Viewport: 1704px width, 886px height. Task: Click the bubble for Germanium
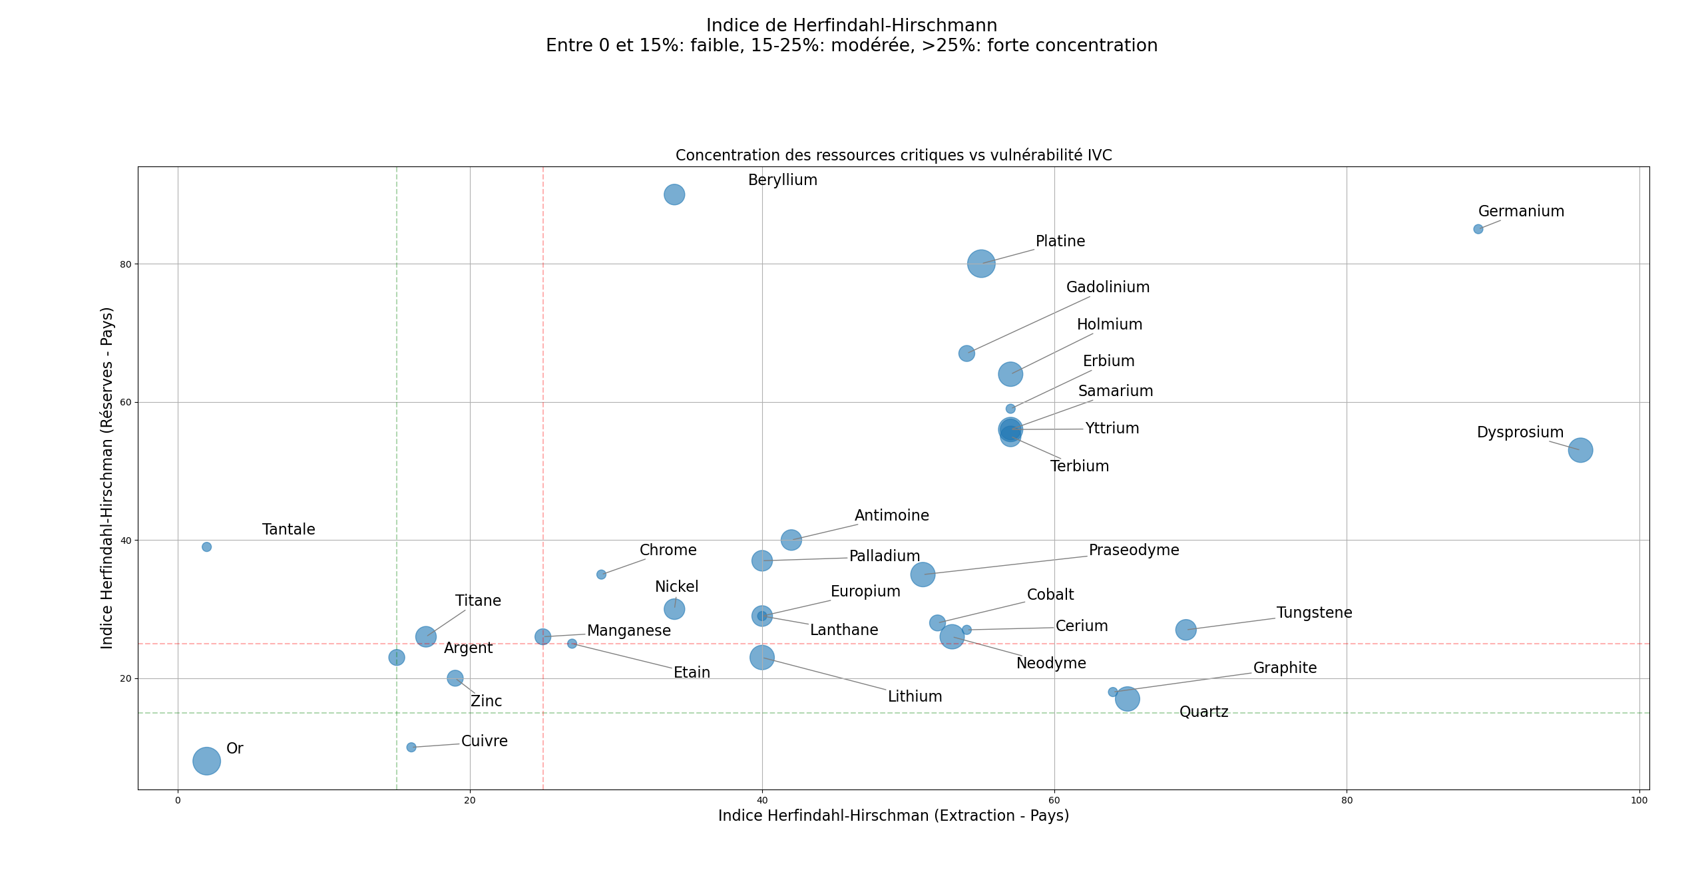[1478, 229]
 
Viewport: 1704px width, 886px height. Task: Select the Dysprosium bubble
[1580, 450]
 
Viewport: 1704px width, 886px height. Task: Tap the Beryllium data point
[674, 194]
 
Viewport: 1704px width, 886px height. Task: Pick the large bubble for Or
[206, 761]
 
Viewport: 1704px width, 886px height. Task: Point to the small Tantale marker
[206, 547]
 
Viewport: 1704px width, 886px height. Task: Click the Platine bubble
[981, 264]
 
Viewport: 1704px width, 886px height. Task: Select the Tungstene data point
[1185, 630]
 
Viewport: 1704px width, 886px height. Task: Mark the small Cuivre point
[411, 748]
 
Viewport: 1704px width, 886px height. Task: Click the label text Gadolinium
[1108, 288]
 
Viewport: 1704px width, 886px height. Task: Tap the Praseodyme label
[1134, 551]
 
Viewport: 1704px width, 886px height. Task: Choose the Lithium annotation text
[915, 697]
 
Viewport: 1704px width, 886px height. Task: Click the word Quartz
[1203, 712]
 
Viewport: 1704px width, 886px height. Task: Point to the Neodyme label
[1051, 664]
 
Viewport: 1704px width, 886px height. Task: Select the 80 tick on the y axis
[125, 264]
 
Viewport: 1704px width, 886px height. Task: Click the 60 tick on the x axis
[1054, 800]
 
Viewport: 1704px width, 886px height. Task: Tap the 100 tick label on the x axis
[1639, 800]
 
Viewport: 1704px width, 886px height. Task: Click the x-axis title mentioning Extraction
[893, 816]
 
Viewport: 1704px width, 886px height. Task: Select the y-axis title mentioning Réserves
[107, 478]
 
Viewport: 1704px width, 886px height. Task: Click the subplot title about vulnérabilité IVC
[893, 156]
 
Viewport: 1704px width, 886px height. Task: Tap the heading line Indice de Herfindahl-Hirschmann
[851, 26]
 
